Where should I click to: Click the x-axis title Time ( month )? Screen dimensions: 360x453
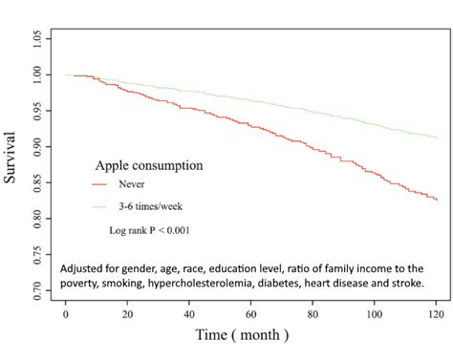(x=241, y=336)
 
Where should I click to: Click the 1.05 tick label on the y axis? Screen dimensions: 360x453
(x=35, y=38)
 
